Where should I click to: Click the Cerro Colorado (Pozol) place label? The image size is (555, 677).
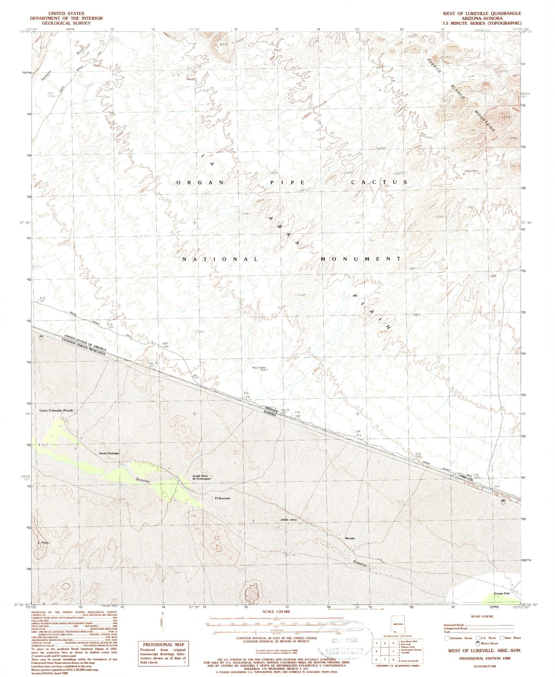[56, 410]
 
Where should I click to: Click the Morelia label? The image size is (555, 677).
[350, 538]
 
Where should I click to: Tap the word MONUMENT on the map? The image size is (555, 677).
[361, 259]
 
